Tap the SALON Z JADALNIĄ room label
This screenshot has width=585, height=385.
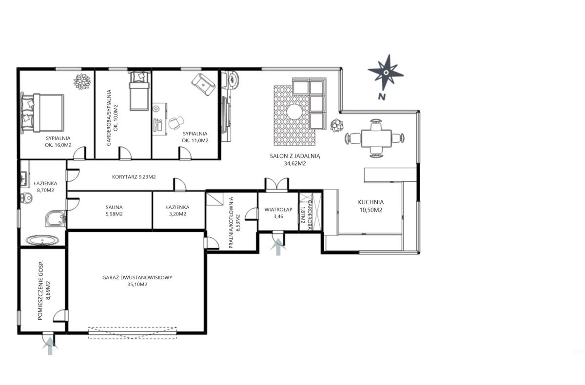(295, 156)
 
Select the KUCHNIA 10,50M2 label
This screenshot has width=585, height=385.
(371, 206)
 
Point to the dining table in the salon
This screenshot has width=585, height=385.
(376, 138)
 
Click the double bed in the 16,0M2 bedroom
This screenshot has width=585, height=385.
(42, 113)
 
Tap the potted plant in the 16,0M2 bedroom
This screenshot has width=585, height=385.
(82, 81)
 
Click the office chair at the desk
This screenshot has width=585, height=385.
(176, 123)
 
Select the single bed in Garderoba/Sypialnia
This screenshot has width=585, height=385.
(139, 91)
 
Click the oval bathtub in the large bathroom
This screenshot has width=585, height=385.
(42, 240)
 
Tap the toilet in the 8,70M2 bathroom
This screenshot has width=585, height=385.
(26, 198)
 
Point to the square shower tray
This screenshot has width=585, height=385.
(56, 218)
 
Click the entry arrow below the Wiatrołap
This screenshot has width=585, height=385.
(278, 247)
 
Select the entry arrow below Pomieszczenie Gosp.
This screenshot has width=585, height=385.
(50, 346)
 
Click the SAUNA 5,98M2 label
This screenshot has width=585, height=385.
(114, 211)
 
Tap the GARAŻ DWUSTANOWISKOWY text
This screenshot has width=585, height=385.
(137, 277)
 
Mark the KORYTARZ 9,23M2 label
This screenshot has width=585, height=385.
(134, 177)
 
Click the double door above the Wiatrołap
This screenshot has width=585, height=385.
(277, 184)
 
